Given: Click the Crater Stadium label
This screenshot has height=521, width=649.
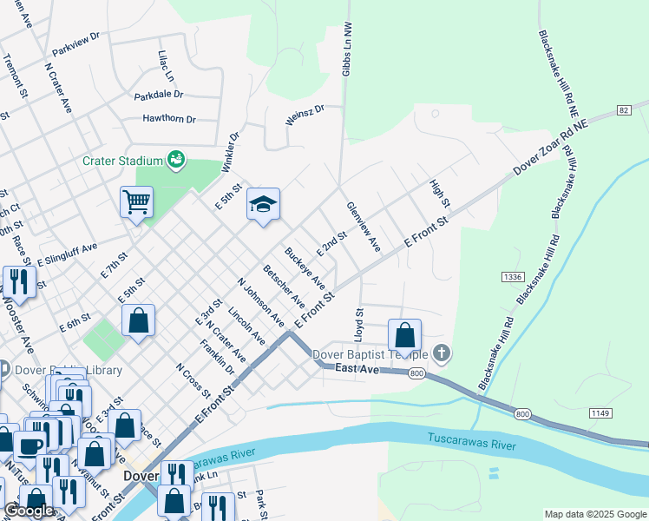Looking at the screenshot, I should click(x=123, y=161).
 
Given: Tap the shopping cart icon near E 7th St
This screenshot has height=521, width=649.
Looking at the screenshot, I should click(x=136, y=202).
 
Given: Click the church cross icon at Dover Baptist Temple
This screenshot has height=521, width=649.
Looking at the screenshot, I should click(x=442, y=353).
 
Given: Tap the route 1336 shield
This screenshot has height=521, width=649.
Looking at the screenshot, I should click(x=512, y=277).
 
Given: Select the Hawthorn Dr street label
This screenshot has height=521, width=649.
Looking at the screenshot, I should click(x=164, y=119).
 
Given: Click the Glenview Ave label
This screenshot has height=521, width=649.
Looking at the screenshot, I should click(x=363, y=228).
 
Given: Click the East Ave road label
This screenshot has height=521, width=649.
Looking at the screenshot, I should click(x=358, y=370).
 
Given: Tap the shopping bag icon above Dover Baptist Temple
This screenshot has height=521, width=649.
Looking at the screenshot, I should click(x=404, y=334).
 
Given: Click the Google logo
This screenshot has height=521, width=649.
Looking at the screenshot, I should click(x=29, y=511).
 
